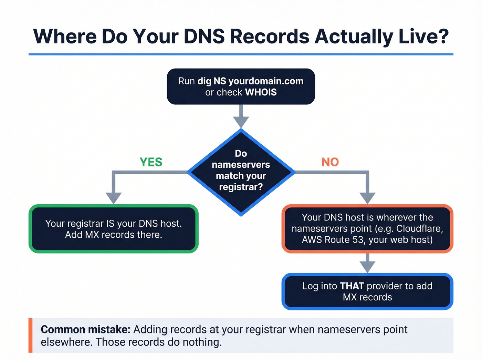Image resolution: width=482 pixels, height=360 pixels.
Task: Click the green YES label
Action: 151,162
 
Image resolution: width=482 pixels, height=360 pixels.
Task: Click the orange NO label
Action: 330,162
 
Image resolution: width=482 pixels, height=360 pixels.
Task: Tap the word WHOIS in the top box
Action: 261,92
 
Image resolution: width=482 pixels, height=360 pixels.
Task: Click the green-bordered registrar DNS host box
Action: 113,229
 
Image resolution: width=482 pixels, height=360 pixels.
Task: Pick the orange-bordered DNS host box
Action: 367,229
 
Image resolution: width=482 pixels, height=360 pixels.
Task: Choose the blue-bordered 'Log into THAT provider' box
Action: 367,291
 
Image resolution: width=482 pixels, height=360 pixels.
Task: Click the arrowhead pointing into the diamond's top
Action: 241,122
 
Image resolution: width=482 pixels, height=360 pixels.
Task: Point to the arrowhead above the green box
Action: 114,198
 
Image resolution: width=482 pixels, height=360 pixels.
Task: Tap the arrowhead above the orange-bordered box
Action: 367,198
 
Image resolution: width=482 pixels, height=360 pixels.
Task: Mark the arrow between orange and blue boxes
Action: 367,264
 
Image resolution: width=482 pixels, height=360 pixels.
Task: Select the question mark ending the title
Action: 443,36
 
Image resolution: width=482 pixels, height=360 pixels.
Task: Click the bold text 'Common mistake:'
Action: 85,330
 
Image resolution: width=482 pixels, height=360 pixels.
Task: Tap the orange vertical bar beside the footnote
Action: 30,335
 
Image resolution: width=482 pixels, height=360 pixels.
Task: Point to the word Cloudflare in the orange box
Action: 419,229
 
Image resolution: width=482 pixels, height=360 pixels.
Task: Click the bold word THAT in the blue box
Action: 352,286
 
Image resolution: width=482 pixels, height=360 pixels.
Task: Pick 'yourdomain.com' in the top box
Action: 266,81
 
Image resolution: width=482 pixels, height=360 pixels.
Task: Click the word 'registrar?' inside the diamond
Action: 241,187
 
